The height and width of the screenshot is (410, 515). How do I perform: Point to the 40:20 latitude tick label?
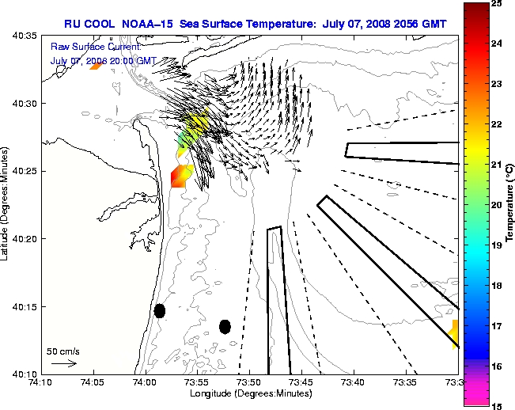[x=22, y=238]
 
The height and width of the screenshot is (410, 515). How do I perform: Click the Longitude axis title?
[x=248, y=394]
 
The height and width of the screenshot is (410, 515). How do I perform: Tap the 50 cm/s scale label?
[x=63, y=351]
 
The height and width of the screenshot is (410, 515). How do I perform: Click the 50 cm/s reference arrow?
[x=63, y=364]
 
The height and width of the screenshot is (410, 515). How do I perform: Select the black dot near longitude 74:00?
[x=160, y=310]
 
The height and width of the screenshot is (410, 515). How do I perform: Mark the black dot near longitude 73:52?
[x=225, y=326]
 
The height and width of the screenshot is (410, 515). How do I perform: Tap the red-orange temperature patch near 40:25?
[x=181, y=176]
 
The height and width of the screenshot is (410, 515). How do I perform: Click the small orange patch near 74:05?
[x=96, y=66]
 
